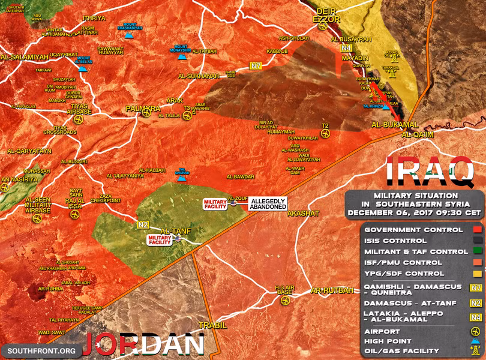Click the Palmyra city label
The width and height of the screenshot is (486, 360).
[x=143, y=109]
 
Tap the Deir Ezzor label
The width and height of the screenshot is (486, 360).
[x=326, y=15]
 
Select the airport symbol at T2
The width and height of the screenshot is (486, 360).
[x=325, y=134]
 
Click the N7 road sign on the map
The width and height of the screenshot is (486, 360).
[x=256, y=65]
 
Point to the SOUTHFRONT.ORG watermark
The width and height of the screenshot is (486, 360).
[x=41, y=350]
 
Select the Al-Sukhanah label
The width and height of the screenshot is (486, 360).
[x=199, y=77]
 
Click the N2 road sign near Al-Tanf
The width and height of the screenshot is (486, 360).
[x=143, y=225]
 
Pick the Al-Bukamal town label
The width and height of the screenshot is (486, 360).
[x=394, y=124]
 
